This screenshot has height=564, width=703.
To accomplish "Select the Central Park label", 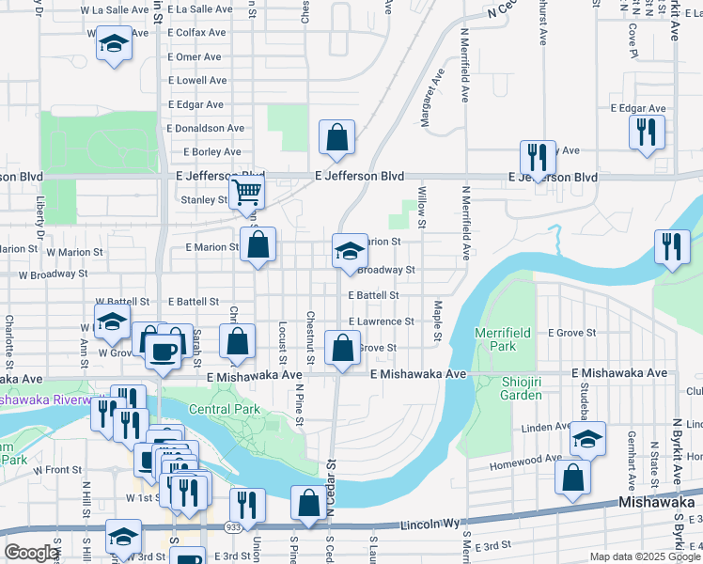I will (224, 410).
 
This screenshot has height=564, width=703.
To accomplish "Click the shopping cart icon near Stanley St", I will (246, 192).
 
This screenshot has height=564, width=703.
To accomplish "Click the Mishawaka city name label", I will (656, 503).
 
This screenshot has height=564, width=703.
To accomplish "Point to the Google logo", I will (30, 553).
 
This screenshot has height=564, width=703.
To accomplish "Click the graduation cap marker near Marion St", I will (349, 251).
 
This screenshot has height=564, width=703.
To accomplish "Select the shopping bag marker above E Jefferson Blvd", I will (336, 137).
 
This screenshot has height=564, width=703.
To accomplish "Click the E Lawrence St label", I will (381, 321).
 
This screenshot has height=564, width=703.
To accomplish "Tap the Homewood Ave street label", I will (520, 462).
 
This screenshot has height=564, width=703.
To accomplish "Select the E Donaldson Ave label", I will (206, 128).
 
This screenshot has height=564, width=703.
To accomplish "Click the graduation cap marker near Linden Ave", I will (587, 439).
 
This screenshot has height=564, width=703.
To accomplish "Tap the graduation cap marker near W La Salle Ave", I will (114, 43).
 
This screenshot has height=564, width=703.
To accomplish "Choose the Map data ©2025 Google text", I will (645, 556).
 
